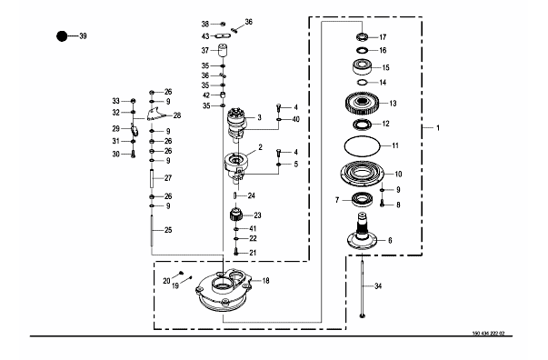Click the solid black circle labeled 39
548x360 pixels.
point(62,36)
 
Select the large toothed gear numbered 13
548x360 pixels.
point(362,104)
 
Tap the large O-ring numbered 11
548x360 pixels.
point(362,145)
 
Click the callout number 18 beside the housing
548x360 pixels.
point(265,281)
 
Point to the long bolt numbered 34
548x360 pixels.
point(362,286)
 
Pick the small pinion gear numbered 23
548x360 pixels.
point(236,214)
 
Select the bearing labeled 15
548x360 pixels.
point(362,67)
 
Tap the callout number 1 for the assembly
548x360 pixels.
point(438,128)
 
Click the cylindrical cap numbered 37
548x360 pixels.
point(224,51)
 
